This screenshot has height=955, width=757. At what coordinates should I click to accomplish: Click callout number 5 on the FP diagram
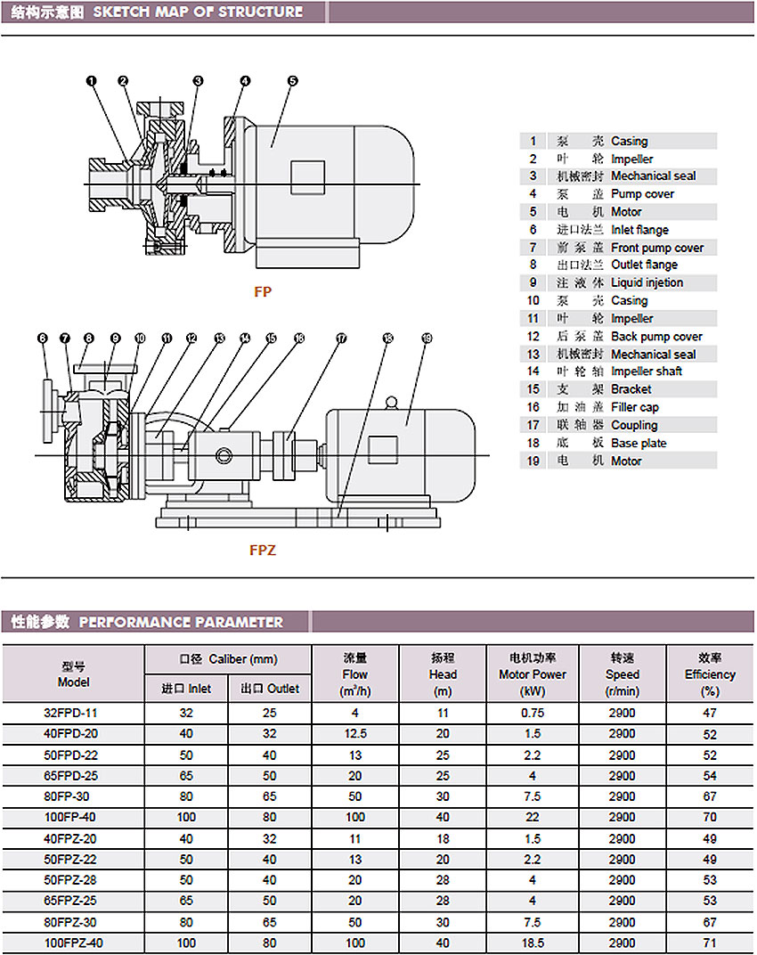pyautogui.click(x=293, y=81)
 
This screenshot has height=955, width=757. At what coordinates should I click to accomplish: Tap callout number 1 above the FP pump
pyautogui.click(x=92, y=81)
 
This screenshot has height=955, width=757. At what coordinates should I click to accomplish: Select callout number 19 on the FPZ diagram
pyautogui.click(x=427, y=338)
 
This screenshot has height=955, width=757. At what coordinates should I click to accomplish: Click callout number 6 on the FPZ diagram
pyautogui.click(x=42, y=338)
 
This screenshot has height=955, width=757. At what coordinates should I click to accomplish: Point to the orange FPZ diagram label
pyautogui.click(x=263, y=550)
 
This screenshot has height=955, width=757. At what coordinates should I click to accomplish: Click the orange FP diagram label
pyautogui.click(x=263, y=291)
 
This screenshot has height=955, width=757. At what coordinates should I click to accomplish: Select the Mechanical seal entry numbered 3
pyautogui.click(x=619, y=176)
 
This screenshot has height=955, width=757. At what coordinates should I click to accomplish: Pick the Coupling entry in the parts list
pyautogui.click(x=619, y=425)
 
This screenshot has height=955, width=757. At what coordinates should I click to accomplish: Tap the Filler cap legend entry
pyautogui.click(x=619, y=407)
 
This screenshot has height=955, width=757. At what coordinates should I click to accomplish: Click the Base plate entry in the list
pyautogui.click(x=619, y=443)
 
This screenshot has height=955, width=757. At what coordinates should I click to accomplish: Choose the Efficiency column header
pyautogui.click(x=710, y=674)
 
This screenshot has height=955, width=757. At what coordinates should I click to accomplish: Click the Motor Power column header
pyautogui.click(x=533, y=674)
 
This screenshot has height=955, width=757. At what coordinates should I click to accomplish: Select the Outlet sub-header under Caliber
pyautogui.click(x=270, y=689)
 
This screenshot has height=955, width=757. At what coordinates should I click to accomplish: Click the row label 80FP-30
pyautogui.click(x=70, y=796)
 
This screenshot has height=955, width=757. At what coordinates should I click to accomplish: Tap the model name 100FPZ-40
pyautogui.click(x=73, y=943)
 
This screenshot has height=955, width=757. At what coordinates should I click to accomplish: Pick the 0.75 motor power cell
pyautogui.click(x=533, y=713)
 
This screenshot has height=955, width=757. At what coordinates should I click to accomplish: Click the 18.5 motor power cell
pyautogui.click(x=533, y=943)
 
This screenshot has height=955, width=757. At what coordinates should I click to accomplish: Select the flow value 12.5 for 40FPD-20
pyautogui.click(x=355, y=733)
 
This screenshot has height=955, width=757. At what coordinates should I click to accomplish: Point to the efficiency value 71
pyautogui.click(x=710, y=943)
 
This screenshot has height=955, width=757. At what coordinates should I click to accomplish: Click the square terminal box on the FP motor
pyautogui.click(x=307, y=178)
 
